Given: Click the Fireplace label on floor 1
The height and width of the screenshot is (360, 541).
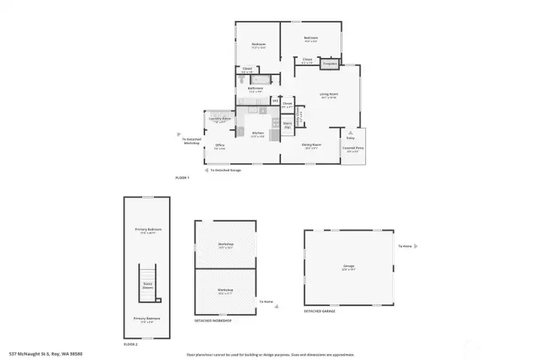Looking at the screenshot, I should pyautogui.click(x=329, y=64).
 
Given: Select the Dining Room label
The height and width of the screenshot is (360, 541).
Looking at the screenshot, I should pyautogui.click(x=310, y=145).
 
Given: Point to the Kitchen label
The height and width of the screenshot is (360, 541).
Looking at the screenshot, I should pyautogui.click(x=257, y=134).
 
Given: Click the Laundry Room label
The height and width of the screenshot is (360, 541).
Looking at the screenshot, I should pyautogui.click(x=219, y=119).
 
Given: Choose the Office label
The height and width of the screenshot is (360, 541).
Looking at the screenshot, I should pyautogui.click(x=220, y=145).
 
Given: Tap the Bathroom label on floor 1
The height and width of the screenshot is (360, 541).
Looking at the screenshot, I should pyautogui.click(x=255, y=88).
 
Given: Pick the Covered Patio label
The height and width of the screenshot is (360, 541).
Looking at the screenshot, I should pyautogui.click(x=352, y=148).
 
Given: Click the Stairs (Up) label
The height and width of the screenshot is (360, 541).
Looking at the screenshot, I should pyautogui.click(x=287, y=126).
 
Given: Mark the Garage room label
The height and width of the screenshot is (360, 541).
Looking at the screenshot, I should pyautogui.click(x=348, y=267).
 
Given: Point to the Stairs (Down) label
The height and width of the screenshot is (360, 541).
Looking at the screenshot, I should pyautogui.click(x=148, y=286).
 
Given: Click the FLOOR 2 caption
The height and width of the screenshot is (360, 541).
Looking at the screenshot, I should pyautogui.click(x=131, y=343).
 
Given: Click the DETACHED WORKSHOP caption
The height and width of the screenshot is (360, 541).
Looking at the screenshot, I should pyautogui.click(x=213, y=320).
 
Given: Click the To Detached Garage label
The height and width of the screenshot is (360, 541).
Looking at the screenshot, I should pyautogui.click(x=225, y=171).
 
